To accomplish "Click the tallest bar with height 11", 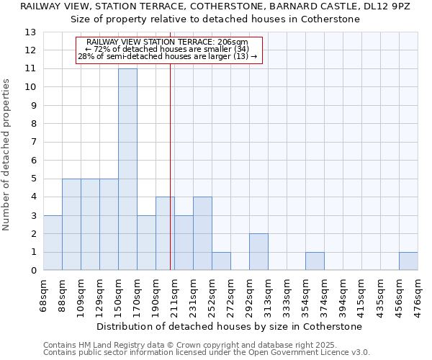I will [127, 169].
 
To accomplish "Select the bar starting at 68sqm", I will [53, 243].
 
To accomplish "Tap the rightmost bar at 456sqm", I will [408, 261].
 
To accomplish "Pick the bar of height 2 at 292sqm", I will [258, 252].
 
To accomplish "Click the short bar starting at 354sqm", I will [315, 261].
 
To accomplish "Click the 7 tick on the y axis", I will [33, 142].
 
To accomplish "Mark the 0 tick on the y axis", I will [33, 271].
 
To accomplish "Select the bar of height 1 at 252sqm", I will [221, 261].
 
